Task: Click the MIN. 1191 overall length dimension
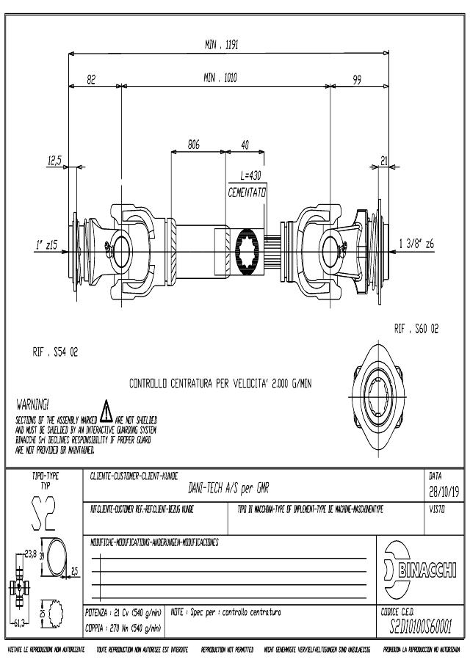click(221, 45)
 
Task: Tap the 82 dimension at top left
click(91, 79)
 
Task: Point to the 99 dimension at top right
click(357, 79)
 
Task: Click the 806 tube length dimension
click(194, 145)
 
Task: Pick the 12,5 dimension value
click(55, 160)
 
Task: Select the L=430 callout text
click(250, 176)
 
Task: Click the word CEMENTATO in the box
click(247, 190)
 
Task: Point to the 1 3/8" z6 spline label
click(416, 245)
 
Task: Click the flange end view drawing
click(376, 386)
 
